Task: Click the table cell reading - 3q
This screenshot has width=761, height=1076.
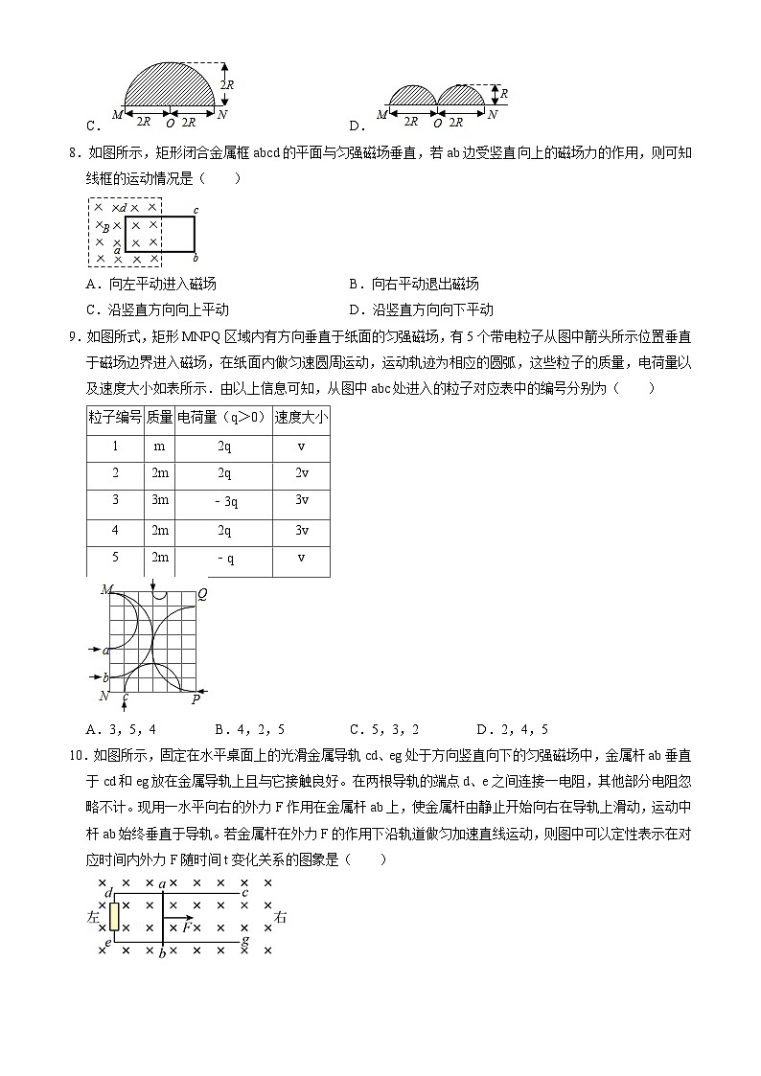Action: point(224,501)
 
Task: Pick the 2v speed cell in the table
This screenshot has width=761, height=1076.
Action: point(301,473)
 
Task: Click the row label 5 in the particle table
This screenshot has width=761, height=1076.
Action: point(115,558)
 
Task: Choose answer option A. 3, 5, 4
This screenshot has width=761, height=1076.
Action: point(122,729)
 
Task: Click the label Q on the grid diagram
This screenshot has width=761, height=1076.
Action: point(202,594)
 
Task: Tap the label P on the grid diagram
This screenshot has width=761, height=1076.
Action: point(196,699)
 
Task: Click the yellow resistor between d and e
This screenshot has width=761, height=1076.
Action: point(114,915)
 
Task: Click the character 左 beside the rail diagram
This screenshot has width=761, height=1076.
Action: point(93,917)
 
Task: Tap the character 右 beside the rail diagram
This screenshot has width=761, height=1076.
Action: point(281,917)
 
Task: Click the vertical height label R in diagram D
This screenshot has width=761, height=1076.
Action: point(504,94)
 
